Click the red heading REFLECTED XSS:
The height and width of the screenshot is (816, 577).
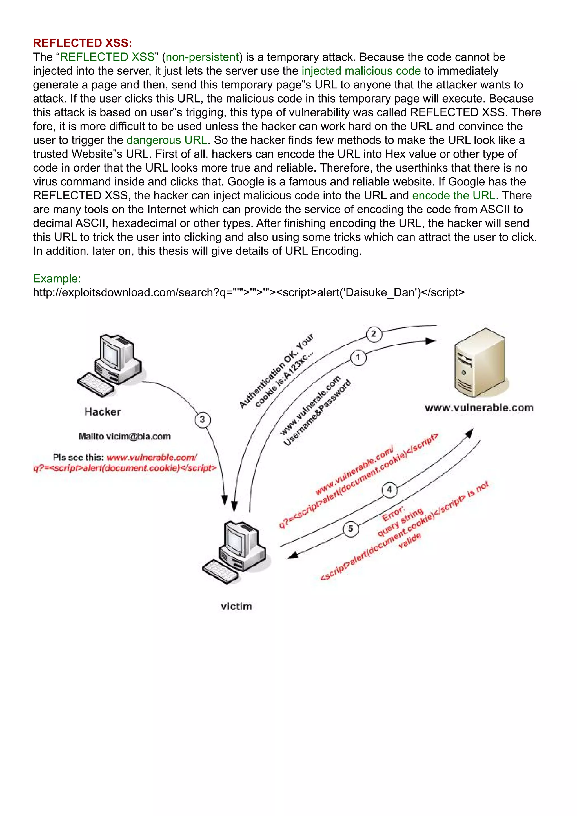point(83,43)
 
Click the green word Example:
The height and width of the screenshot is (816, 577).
point(57,279)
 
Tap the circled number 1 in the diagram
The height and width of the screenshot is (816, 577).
point(358,358)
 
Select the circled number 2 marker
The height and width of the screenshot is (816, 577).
point(373,334)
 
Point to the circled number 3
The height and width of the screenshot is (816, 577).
point(203,420)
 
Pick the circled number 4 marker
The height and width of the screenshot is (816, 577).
point(389,490)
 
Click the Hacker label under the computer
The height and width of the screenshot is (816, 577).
point(103,412)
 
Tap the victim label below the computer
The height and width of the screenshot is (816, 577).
point(236,606)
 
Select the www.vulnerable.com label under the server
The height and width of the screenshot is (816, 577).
point(479,408)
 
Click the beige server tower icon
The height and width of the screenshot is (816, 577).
point(480,363)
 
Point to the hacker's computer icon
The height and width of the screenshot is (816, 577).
point(110,364)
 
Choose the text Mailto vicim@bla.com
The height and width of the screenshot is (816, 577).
point(124,436)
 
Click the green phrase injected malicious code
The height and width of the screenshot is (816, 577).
point(361,71)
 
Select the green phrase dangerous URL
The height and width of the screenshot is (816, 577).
point(167,140)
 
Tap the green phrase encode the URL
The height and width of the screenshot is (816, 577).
point(453,196)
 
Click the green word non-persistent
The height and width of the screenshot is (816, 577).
point(202,57)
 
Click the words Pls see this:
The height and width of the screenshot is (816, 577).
point(78,457)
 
